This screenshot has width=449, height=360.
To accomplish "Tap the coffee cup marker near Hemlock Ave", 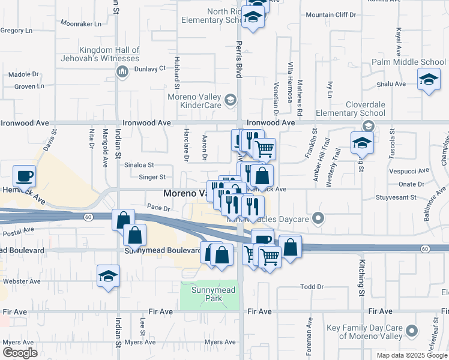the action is (24, 176).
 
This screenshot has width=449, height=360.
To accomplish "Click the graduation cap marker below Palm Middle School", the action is (429, 80).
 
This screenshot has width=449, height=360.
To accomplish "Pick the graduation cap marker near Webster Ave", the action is (108, 277).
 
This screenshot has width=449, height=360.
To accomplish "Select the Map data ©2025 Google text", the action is (411, 355).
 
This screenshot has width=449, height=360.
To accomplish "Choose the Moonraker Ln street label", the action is (81, 23).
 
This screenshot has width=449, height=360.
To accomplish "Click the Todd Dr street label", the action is (312, 287).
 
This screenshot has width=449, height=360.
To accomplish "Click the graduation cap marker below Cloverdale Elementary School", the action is (362, 143).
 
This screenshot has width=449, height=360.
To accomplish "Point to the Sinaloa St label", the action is (139, 164).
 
